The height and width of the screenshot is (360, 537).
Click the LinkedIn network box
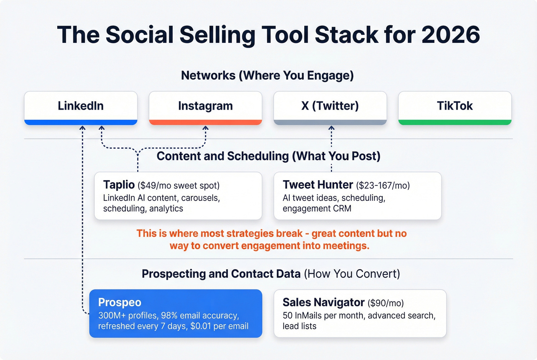[81, 106]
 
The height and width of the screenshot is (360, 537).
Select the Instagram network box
[205, 106]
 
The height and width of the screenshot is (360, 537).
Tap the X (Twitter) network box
[330, 106]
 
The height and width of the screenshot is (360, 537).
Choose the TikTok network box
[455, 106]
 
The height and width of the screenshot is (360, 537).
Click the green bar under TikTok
[455, 122]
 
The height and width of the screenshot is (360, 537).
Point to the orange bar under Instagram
[205, 122]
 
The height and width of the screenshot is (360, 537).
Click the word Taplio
[119, 185]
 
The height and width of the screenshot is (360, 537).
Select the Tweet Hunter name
[318, 185]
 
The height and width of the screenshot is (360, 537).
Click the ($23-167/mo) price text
[383, 186]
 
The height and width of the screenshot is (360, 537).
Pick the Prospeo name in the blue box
[120, 302]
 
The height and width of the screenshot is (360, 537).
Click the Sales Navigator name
[323, 302]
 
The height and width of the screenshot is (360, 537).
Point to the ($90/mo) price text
[385, 303]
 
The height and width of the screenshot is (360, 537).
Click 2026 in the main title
[451, 35]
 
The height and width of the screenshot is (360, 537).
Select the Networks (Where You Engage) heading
[267, 76]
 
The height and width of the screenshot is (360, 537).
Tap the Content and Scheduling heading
[268, 156]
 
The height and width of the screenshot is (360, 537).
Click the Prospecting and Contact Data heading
[271, 274]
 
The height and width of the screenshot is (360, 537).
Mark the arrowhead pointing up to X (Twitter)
[331, 128]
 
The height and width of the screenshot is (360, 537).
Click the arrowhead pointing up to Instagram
[205, 128]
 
